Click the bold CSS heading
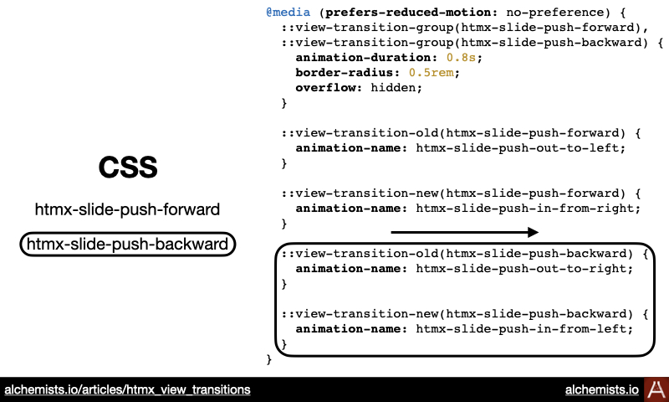pos(128,167)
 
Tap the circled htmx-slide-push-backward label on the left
pos(128,244)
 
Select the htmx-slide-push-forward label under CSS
pos(127,209)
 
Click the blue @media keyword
pos(288,12)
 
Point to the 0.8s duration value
pos(461,57)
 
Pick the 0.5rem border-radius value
pos(432,72)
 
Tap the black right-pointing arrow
pos(465,232)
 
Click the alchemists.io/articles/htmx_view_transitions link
pos(127,389)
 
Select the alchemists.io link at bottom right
pos(601,389)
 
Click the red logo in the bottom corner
pos(656,389)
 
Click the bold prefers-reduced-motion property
pos(408,12)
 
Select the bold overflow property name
pos(326,88)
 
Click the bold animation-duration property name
pos(364,57)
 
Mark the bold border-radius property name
pos(345,72)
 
